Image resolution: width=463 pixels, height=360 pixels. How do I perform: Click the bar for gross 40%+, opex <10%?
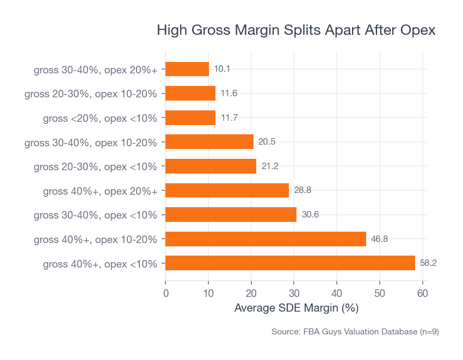click(290, 263)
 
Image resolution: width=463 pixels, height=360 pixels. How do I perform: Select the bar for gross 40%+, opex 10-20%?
click(266, 239)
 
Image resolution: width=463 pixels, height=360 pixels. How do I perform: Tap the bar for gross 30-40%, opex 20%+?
click(187, 69)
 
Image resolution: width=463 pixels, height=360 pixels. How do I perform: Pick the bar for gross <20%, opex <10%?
click(190, 117)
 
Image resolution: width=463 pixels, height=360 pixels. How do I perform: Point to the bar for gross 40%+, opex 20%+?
click(227, 190)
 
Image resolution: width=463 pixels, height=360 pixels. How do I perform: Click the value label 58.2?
click(428, 263)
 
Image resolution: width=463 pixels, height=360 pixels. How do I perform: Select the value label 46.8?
click(379, 239)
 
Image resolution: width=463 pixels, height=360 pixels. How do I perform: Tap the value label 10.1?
click(222, 69)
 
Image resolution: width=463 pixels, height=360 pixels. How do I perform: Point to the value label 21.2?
click(270, 166)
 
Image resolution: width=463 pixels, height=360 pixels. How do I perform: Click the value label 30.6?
click(310, 214)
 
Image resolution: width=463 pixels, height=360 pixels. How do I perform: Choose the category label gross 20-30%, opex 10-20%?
click(91, 94)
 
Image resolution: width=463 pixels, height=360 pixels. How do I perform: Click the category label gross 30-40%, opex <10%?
click(95, 215)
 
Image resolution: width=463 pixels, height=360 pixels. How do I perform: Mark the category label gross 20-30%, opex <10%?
click(95, 166)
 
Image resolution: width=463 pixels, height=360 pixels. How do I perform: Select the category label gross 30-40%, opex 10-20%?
click(91, 142)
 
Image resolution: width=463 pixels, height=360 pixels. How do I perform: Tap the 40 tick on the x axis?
click(337, 294)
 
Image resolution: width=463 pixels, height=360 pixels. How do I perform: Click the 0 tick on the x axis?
click(165, 294)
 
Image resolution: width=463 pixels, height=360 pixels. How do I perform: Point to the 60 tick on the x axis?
click(423, 294)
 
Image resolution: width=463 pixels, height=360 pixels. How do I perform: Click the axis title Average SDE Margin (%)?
click(296, 308)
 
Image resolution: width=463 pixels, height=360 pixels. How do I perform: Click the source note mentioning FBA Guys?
click(355, 332)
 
